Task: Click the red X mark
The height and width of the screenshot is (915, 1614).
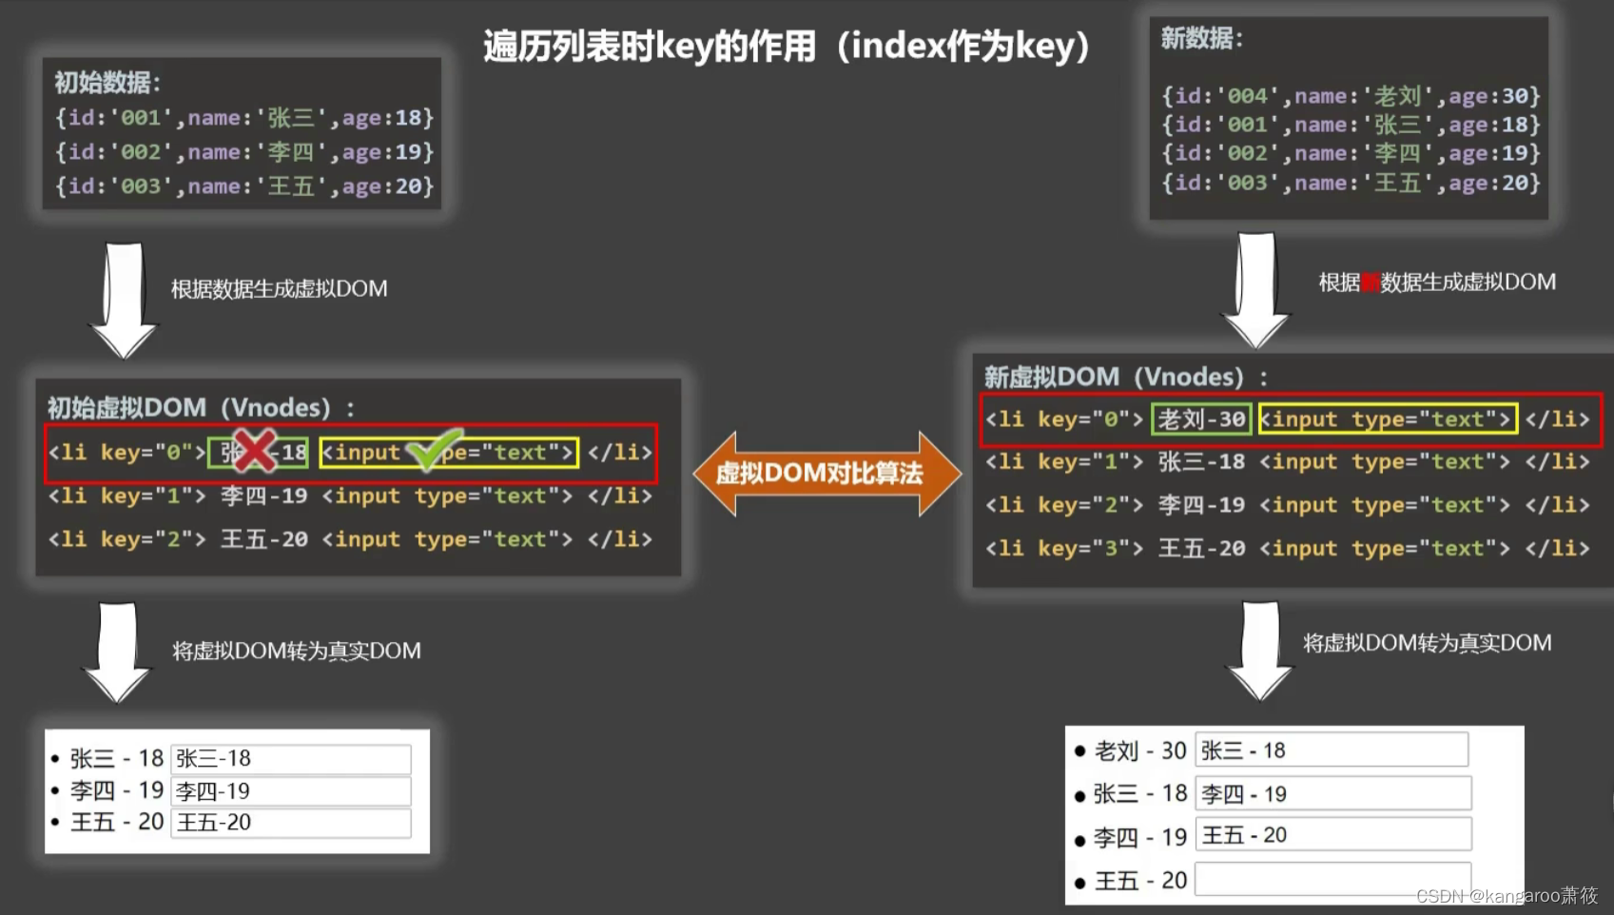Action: [x=254, y=451]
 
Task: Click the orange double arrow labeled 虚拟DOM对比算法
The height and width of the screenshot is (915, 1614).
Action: [x=826, y=473]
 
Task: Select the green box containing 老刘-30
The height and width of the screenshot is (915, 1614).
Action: [x=1200, y=419]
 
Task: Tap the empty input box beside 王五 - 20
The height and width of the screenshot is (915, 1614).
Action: [x=1332, y=879]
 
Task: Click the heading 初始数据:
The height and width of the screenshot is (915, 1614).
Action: [x=107, y=83]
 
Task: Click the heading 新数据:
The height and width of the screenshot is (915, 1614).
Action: [x=1200, y=39]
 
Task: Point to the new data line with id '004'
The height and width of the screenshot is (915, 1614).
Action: [x=1350, y=96]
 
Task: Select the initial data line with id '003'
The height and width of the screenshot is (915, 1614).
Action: [x=243, y=186]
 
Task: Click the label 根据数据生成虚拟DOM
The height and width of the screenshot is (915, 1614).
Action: [x=279, y=289]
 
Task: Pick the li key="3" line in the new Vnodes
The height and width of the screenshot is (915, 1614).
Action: [x=1286, y=549]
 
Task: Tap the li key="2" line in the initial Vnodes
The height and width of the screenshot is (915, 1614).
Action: [x=349, y=539]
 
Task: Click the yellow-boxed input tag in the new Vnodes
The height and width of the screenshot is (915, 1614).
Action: [x=1387, y=419]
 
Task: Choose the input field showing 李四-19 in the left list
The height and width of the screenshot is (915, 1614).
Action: [x=290, y=791]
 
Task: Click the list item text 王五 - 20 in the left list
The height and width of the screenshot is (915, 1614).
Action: [x=117, y=822]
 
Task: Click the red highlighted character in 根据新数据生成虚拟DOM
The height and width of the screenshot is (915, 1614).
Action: [x=1370, y=282]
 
